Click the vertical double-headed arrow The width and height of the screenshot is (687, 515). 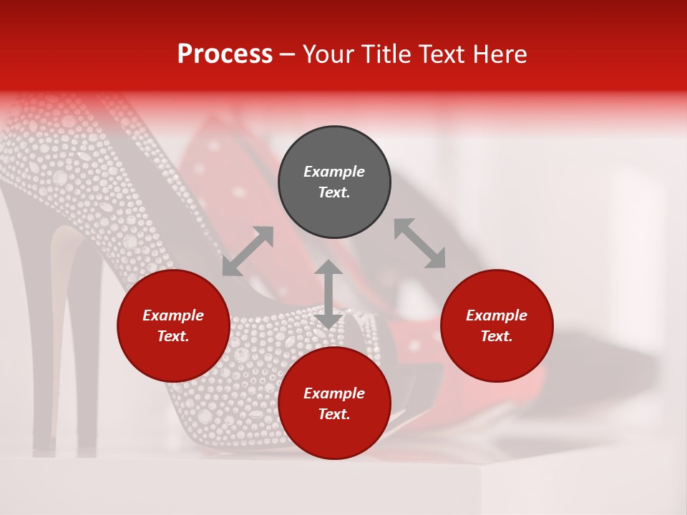pos(328,294)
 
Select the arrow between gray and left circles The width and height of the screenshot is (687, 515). pos(248,251)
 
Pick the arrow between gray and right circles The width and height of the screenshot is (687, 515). pos(420,244)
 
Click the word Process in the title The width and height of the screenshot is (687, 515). pos(225,54)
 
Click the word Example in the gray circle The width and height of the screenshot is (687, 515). pos(334,172)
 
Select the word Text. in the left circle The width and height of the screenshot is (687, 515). pos(173,336)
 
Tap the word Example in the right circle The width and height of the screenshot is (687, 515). pos(497,315)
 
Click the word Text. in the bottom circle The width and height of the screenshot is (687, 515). pos(334,414)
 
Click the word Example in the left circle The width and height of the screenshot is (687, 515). pos(173,315)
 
